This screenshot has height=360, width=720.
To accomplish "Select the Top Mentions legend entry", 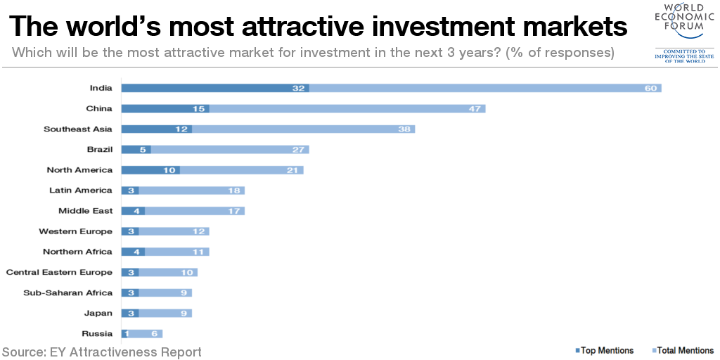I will coord(605,350).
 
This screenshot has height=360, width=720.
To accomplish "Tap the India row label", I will coord(101,88).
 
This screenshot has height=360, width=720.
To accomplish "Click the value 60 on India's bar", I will coord(650,88).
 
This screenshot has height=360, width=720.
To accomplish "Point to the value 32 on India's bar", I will coord(299,88).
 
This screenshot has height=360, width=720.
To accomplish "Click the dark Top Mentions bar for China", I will coord(165,108).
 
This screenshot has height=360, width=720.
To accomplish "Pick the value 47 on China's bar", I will coord(474,108).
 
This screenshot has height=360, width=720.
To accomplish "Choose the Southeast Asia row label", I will coord(77,129).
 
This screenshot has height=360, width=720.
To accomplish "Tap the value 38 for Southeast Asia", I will coord(404,129).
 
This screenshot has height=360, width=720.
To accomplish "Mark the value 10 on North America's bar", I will coord(169,169).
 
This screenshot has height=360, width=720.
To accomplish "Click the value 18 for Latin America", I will coord(233,190).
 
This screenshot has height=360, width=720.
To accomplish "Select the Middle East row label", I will coord(85,210).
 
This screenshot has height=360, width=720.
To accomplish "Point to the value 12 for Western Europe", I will coord(198,231).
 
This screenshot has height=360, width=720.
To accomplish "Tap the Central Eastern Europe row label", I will coord(59,272).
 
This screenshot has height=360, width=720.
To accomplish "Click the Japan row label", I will coord(98,313).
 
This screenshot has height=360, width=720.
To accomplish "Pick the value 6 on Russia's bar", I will coord(154,333).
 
